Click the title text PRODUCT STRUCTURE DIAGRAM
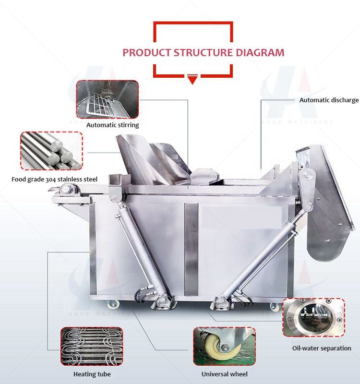click(204, 52)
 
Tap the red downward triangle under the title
click(193, 80)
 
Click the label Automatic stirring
click(113, 125)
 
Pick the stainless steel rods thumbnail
click(51, 151)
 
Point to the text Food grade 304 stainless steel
click(54, 180)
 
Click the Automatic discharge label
click(329, 100)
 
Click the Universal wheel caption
click(224, 373)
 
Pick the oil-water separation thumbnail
click(313, 318)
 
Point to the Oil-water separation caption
click(322, 348)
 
